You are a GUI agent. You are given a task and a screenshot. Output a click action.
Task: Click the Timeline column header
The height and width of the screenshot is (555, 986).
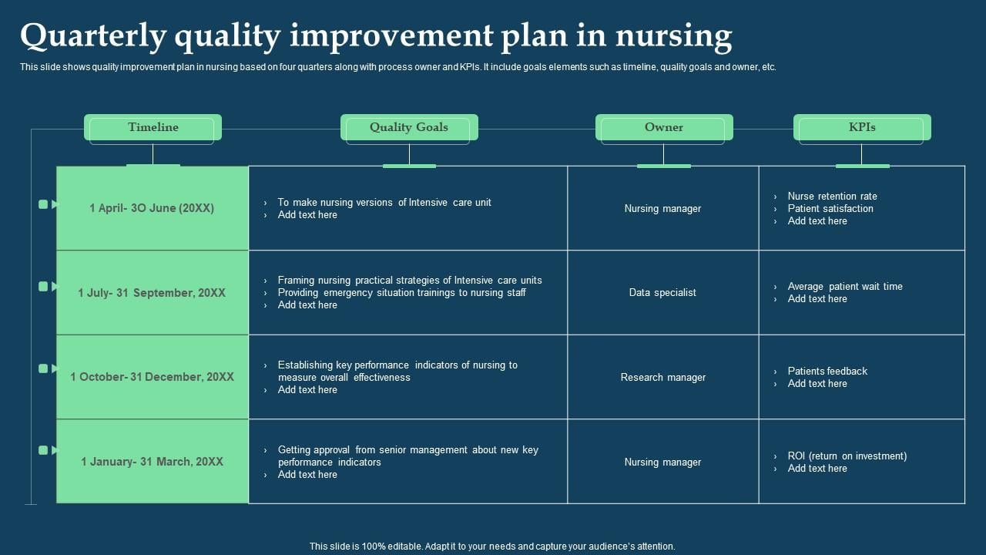click(x=153, y=128)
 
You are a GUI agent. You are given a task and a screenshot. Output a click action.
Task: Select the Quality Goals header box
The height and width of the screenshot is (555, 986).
click(x=409, y=128)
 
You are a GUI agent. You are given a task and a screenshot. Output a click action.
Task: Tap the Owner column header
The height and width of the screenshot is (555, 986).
click(x=664, y=128)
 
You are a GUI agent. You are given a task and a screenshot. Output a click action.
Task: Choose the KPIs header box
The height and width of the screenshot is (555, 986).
click(x=862, y=128)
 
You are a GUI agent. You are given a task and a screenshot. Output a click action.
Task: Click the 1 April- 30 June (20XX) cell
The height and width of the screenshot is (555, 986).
click(x=153, y=208)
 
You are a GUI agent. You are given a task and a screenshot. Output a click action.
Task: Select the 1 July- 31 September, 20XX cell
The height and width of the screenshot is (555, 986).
click(x=153, y=293)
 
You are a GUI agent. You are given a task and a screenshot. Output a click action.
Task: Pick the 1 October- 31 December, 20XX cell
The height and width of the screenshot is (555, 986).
click(x=153, y=377)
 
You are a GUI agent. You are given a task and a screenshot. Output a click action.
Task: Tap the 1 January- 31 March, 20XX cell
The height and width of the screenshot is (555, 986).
click(x=153, y=462)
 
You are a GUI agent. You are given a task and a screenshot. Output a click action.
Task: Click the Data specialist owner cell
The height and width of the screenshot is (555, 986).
click(x=662, y=293)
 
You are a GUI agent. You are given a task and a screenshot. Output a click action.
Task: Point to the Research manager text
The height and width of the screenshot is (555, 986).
click(x=662, y=378)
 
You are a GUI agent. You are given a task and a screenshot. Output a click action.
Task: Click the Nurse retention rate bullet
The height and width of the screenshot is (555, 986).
click(x=832, y=197)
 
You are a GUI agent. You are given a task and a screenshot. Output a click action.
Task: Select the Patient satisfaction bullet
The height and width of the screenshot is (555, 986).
click(x=830, y=209)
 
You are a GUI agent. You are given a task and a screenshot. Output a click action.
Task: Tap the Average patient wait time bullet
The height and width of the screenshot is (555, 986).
click(x=844, y=287)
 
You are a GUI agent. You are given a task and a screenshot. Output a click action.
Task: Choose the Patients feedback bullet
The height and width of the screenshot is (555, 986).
click(x=827, y=372)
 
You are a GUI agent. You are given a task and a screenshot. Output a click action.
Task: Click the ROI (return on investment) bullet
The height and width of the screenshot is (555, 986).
click(x=847, y=456)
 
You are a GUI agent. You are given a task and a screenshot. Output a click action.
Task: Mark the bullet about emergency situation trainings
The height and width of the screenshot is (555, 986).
click(x=401, y=293)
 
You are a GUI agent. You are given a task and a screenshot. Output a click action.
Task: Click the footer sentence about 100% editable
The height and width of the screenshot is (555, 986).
click(x=492, y=547)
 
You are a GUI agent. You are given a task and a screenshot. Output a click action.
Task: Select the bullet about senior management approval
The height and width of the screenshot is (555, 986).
click(x=407, y=456)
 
